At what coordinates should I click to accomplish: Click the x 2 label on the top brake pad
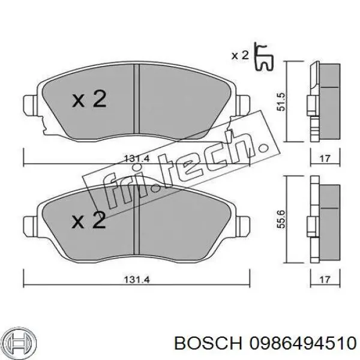click(x=89, y=99)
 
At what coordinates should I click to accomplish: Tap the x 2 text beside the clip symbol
click(x=240, y=56)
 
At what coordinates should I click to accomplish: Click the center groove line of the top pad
click(x=137, y=102)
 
